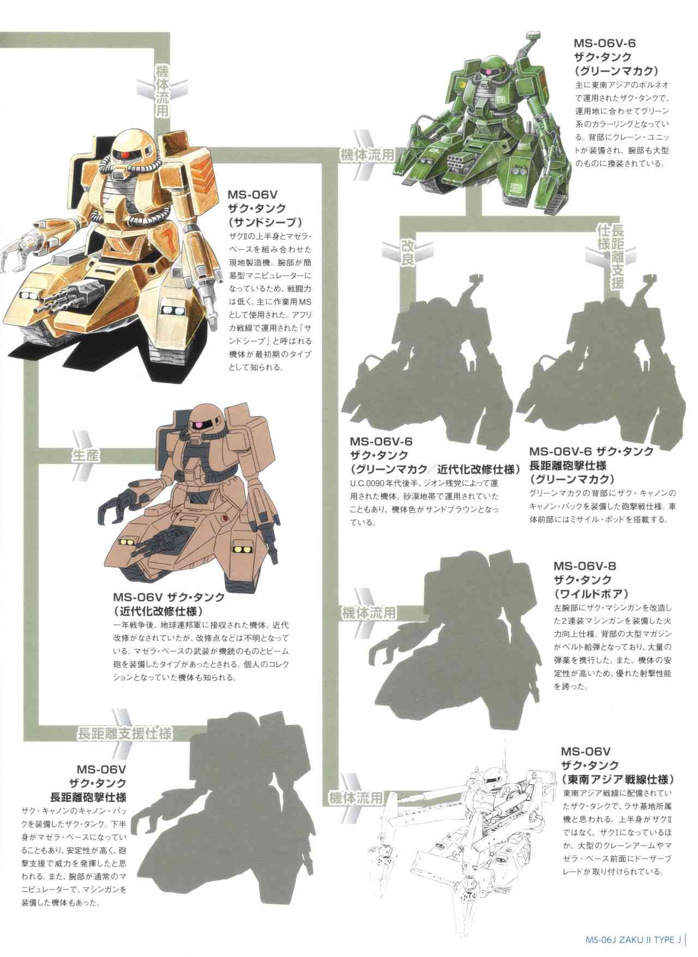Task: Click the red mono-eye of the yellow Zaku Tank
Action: point(125,156)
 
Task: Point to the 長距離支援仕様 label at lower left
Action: point(124,733)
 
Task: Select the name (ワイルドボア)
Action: point(591,593)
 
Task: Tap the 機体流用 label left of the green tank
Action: point(366,154)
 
